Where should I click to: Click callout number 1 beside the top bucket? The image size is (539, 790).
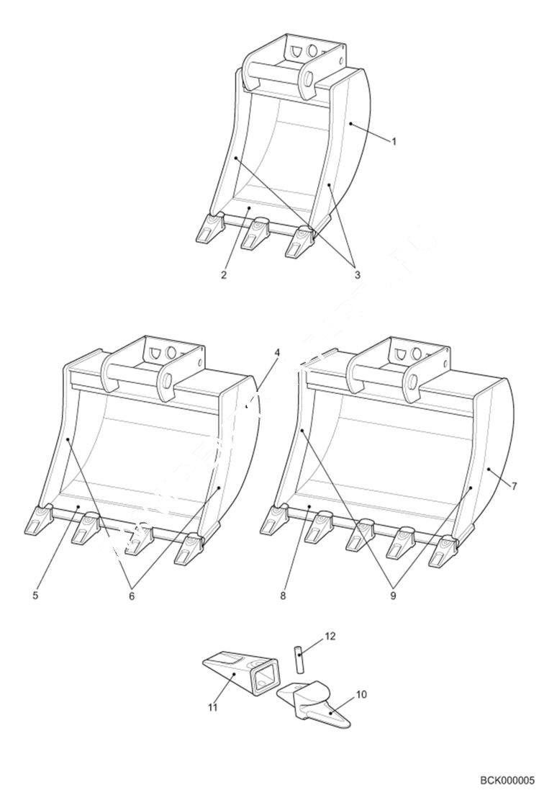click(394, 141)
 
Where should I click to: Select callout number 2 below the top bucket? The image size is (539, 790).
click(224, 276)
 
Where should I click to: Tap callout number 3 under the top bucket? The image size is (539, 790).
click(356, 274)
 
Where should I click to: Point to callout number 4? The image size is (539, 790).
click(277, 354)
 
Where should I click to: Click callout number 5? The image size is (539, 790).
click(35, 596)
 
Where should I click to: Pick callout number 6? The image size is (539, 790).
click(132, 596)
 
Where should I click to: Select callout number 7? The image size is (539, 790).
click(514, 486)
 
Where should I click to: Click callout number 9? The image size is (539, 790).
click(393, 596)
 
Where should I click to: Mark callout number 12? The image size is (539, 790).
click(330, 637)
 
